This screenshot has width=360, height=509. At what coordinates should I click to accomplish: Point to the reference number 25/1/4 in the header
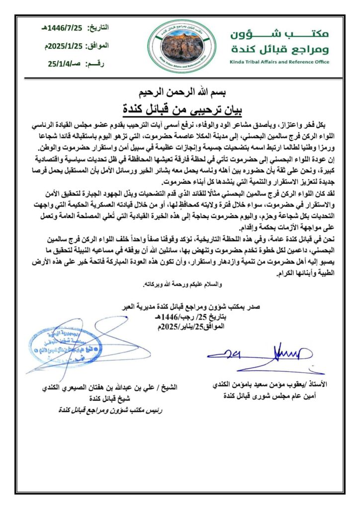[x=70, y=64]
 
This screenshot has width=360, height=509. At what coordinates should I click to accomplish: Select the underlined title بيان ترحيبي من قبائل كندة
[x=180, y=107]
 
